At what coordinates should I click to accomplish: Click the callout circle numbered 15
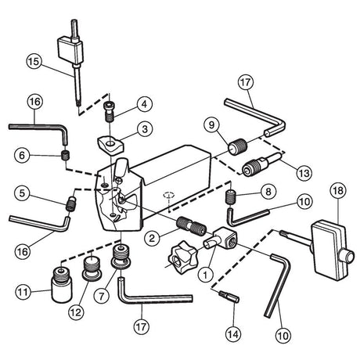(34, 62)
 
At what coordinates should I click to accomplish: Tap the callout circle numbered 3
(145, 129)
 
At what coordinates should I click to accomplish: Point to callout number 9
(211, 124)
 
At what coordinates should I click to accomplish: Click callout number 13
(304, 173)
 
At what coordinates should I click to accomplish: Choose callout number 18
(338, 190)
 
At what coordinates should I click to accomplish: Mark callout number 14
(233, 334)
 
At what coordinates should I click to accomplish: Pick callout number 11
(23, 292)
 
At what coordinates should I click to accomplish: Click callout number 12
(77, 312)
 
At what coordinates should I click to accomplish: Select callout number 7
(102, 296)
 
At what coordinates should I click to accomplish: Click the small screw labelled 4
(110, 111)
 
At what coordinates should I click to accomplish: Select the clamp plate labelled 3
(111, 144)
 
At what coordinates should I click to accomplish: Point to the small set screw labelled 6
(65, 156)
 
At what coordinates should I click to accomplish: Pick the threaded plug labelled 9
(237, 147)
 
